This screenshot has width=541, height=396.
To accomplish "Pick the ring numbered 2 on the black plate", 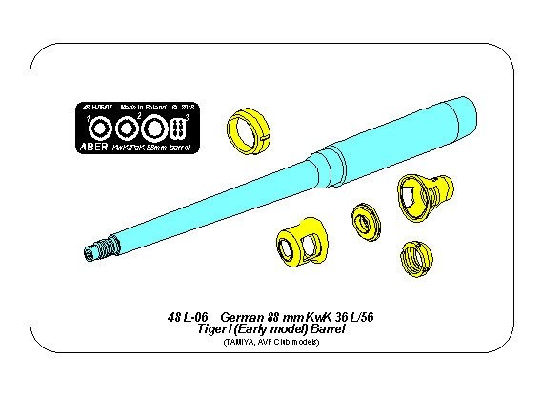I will point(124,128).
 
